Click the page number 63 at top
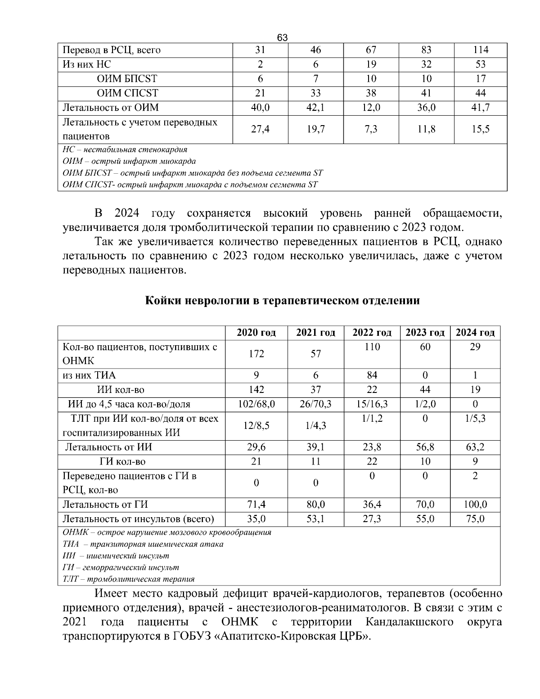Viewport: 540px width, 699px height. [x=282, y=37]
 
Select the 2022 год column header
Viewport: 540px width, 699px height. [x=372, y=333]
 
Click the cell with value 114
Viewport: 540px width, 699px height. [x=480, y=50]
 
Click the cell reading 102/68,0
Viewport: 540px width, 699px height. [x=256, y=404]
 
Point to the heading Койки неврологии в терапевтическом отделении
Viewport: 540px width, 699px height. [x=282, y=301]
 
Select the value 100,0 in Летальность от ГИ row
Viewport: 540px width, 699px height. [x=475, y=505]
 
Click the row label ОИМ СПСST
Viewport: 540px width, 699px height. [x=128, y=93]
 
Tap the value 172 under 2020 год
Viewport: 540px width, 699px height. [x=256, y=354]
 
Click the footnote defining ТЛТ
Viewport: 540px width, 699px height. [x=129, y=579]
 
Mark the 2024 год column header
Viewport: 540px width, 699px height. [x=475, y=333]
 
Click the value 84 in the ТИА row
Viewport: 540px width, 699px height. [x=372, y=375]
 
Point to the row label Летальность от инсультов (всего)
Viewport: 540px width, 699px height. [x=138, y=519]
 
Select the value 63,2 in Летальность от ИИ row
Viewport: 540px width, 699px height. [x=475, y=447]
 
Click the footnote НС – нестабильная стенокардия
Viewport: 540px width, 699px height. [x=125, y=149]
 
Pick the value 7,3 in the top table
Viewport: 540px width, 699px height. [x=371, y=129]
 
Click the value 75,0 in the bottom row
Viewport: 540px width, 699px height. [x=475, y=519]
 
